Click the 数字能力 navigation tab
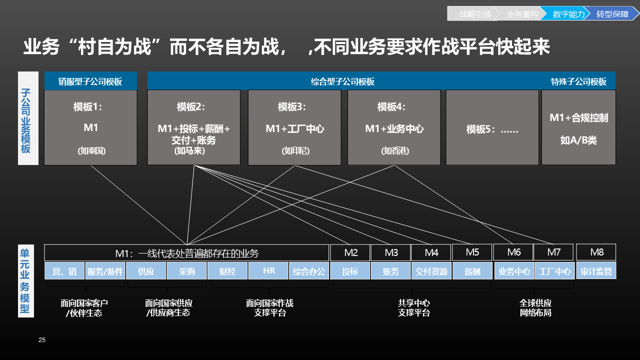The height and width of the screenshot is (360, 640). [x=568, y=14]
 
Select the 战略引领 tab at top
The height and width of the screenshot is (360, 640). [x=474, y=14]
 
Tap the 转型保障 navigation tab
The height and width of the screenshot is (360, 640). [x=612, y=14]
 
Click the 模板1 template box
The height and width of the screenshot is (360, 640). [x=90, y=127]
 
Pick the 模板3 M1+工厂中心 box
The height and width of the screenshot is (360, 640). [x=294, y=127]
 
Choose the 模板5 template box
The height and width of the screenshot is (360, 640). [x=492, y=128]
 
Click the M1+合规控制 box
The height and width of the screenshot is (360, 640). [x=578, y=127]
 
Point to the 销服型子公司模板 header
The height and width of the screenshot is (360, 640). [x=90, y=81]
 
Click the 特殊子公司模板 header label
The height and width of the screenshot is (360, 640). [x=578, y=81]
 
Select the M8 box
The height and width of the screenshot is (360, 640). [x=596, y=252]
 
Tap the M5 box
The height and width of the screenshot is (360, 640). [x=472, y=252]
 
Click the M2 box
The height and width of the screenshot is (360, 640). [x=350, y=252]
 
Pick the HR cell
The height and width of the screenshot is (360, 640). [x=269, y=271]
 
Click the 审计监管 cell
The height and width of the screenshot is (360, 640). [x=596, y=271]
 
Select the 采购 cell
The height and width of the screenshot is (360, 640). [x=187, y=271]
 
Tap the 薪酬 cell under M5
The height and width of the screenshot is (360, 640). [x=472, y=271]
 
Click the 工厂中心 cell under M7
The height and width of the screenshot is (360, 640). [x=554, y=271]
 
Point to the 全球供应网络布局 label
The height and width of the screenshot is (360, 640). [x=535, y=308]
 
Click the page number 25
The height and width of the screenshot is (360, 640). [x=42, y=340]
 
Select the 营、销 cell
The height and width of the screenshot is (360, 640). [x=64, y=271]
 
